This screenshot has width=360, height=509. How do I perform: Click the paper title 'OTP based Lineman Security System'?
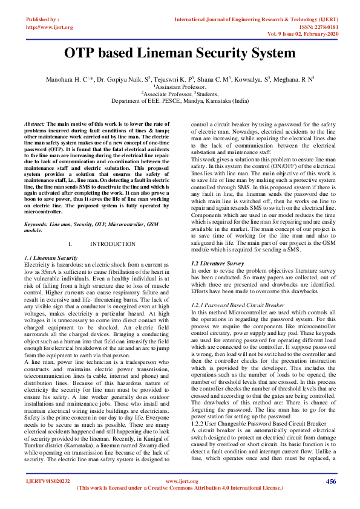point(180,53)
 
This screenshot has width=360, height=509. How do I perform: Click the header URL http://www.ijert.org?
point(48,27)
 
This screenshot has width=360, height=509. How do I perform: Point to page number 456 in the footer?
point(330,481)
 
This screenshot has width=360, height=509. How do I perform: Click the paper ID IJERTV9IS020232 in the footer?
point(48,481)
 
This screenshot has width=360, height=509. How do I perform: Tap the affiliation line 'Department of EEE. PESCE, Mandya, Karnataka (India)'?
point(180,101)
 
